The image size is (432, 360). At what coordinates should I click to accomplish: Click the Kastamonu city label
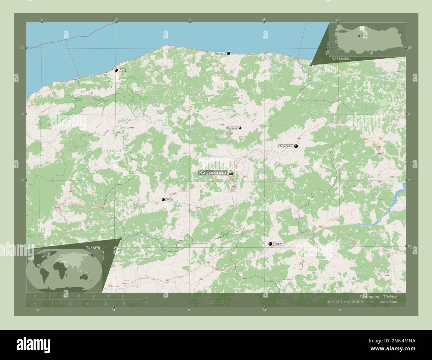point(212,173)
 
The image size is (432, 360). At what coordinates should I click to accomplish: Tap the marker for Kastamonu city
point(231,173)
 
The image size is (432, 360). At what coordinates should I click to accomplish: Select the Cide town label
point(123,70)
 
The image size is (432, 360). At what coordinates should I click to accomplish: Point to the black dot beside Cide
point(116,70)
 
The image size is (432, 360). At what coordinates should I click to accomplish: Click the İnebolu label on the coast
point(221,53)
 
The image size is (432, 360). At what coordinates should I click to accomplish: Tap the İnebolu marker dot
point(229,53)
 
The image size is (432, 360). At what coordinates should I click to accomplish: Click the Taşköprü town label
point(285,146)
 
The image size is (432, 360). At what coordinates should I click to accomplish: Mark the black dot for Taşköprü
point(296,146)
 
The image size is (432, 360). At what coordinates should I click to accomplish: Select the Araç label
point(169,200)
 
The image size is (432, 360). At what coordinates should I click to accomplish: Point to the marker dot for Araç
point(163,200)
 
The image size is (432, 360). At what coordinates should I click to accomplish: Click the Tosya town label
point(278,244)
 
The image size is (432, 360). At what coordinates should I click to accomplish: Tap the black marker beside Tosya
point(271,244)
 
